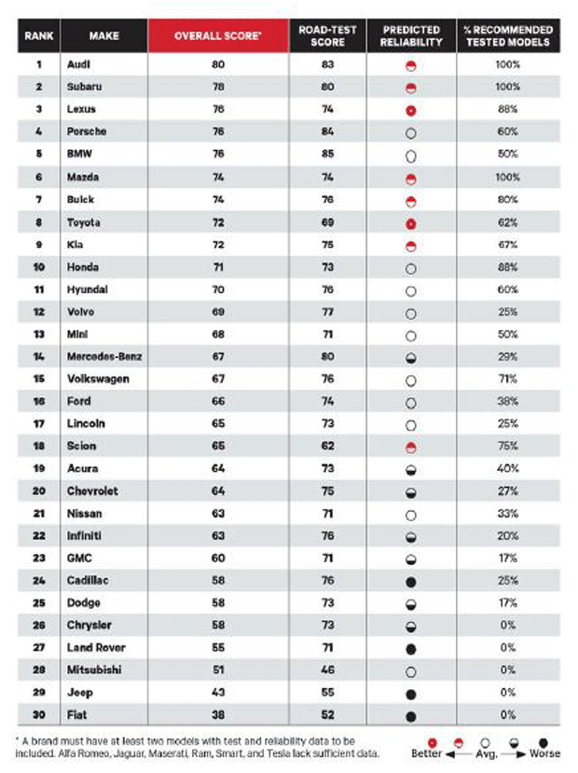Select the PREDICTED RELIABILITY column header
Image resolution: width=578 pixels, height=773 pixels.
click(x=411, y=36)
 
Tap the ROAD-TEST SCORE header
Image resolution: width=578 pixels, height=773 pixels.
click(x=327, y=36)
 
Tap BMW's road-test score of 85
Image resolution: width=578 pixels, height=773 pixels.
click(x=328, y=154)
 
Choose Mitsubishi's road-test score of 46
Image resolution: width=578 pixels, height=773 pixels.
click(x=328, y=670)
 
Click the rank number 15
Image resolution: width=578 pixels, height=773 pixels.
click(x=38, y=379)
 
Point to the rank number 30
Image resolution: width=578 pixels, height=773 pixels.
click(x=38, y=715)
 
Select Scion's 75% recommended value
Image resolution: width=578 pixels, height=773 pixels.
click(x=508, y=446)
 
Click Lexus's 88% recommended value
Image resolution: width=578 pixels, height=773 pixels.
click(x=508, y=109)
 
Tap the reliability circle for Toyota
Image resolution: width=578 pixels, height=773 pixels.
click(x=411, y=224)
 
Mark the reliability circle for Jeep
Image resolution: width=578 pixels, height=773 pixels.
click(x=411, y=694)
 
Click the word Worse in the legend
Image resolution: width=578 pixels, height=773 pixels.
click(x=544, y=753)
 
